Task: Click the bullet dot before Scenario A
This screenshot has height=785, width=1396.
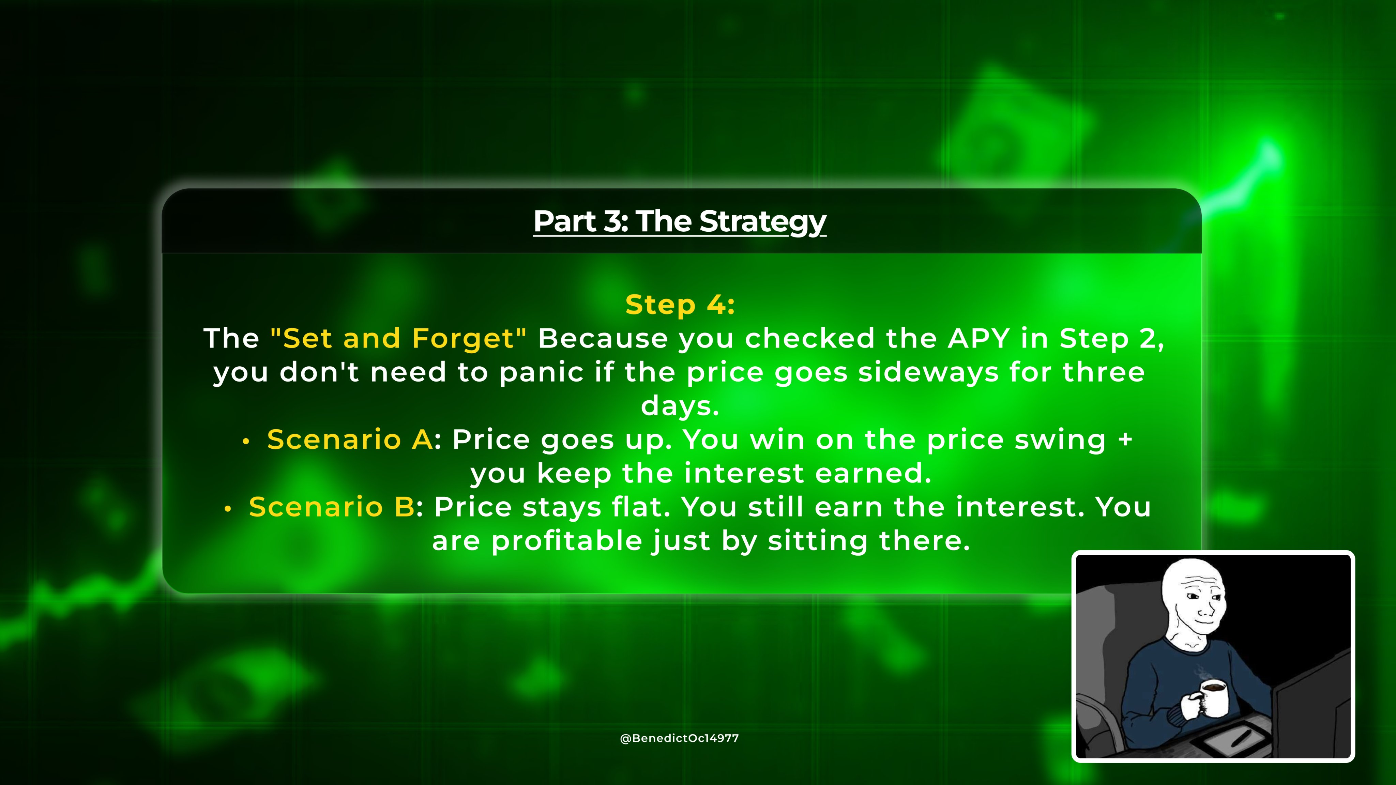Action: [246, 442]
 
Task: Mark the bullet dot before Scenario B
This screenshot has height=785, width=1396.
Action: [228, 510]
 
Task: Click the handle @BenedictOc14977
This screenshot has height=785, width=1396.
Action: [680, 738]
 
